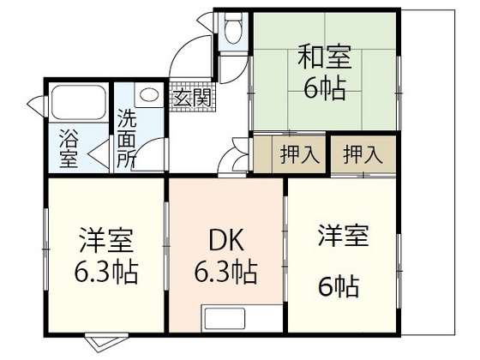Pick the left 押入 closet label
click(300, 156)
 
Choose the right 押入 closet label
click(363, 156)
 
